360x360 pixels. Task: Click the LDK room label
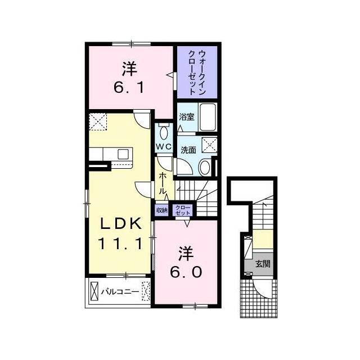tap(121, 224)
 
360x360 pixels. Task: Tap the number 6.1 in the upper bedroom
tap(129, 88)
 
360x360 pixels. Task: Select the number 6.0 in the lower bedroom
tap(186, 272)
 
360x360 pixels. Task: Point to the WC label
tap(164, 146)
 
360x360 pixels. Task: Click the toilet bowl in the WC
tap(164, 133)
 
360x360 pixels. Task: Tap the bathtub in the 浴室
tap(208, 117)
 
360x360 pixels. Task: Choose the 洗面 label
tap(188, 150)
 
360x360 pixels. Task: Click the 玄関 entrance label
tap(263, 264)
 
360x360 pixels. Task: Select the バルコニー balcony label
tap(120, 292)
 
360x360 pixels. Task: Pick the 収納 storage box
tap(162, 210)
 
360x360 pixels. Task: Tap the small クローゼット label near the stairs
tap(183, 210)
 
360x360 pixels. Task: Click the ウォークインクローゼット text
tap(197, 73)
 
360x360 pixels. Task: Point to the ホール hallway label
tap(163, 183)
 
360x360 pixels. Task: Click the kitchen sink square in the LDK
tap(123, 154)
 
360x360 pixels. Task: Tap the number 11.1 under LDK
tap(121, 244)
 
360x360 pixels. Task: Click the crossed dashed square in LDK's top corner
tap(98, 121)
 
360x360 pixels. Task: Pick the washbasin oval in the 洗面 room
tap(205, 168)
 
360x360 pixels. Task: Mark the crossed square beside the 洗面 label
tap(209, 145)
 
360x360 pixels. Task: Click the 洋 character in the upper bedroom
tap(129, 68)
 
